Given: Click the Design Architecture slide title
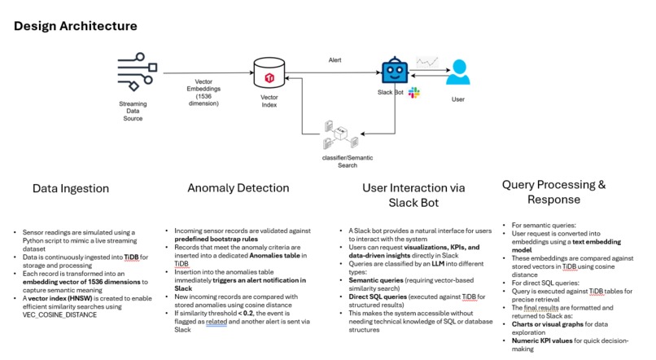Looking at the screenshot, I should point(76,26).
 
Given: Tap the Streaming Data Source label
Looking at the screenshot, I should point(133,111).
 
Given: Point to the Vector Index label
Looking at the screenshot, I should point(269,100).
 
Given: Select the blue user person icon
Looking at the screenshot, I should point(458,72).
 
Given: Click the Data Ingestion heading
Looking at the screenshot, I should point(71,188).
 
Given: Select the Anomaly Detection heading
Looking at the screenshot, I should point(238,188).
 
